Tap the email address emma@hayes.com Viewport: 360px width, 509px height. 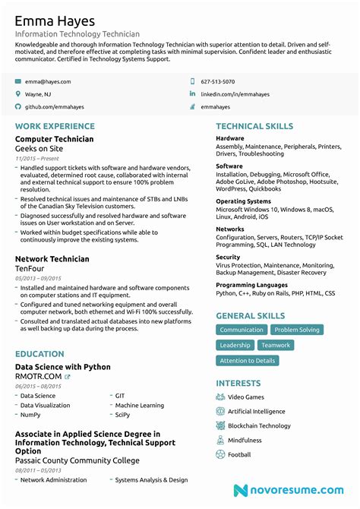[x=48, y=81]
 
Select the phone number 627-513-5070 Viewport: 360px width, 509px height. [x=217, y=81]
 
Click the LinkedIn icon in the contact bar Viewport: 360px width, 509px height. [x=192, y=94]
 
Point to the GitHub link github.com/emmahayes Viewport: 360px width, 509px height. [x=55, y=107]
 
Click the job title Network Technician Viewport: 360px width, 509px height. [x=52, y=259]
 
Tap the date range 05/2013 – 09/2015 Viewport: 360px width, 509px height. [x=38, y=279]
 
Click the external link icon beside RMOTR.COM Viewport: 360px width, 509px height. [x=67, y=377]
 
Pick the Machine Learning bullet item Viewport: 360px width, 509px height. [x=139, y=406]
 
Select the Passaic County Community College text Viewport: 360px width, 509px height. [x=77, y=460]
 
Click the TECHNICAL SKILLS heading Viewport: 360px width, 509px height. [x=254, y=126]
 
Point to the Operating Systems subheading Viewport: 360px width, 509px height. [x=243, y=201]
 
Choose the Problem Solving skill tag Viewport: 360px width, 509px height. [x=297, y=330]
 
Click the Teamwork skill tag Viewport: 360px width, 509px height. [x=276, y=345]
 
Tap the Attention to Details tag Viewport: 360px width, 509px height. [x=247, y=360]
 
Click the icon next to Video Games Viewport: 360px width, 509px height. [x=220, y=397]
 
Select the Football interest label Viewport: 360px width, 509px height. [x=239, y=454]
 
